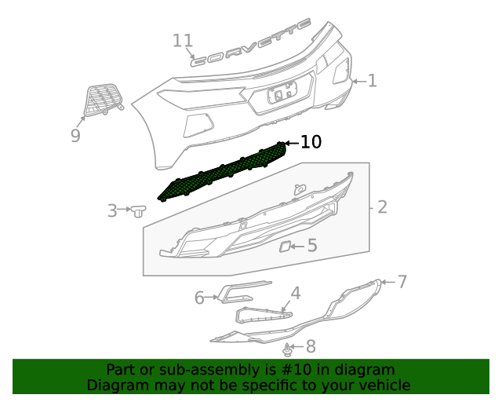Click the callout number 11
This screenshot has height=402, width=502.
(183, 41)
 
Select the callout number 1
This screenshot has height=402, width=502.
(372, 80)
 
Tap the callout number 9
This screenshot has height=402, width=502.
(75, 136)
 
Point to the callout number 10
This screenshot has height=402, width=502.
(311, 142)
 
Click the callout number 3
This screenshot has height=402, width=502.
(112, 210)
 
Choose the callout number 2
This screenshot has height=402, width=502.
(383, 207)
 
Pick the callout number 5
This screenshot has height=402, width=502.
(312, 246)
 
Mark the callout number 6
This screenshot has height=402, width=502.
(199, 297)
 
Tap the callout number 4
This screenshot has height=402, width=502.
(295, 294)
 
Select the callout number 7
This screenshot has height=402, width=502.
(402, 281)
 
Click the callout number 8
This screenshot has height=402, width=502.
(311, 345)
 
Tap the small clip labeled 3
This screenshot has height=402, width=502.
(140, 210)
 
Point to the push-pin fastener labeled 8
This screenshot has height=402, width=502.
(289, 348)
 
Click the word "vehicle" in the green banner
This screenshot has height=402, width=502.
(382, 386)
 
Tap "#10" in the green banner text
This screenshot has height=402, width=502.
(292, 370)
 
